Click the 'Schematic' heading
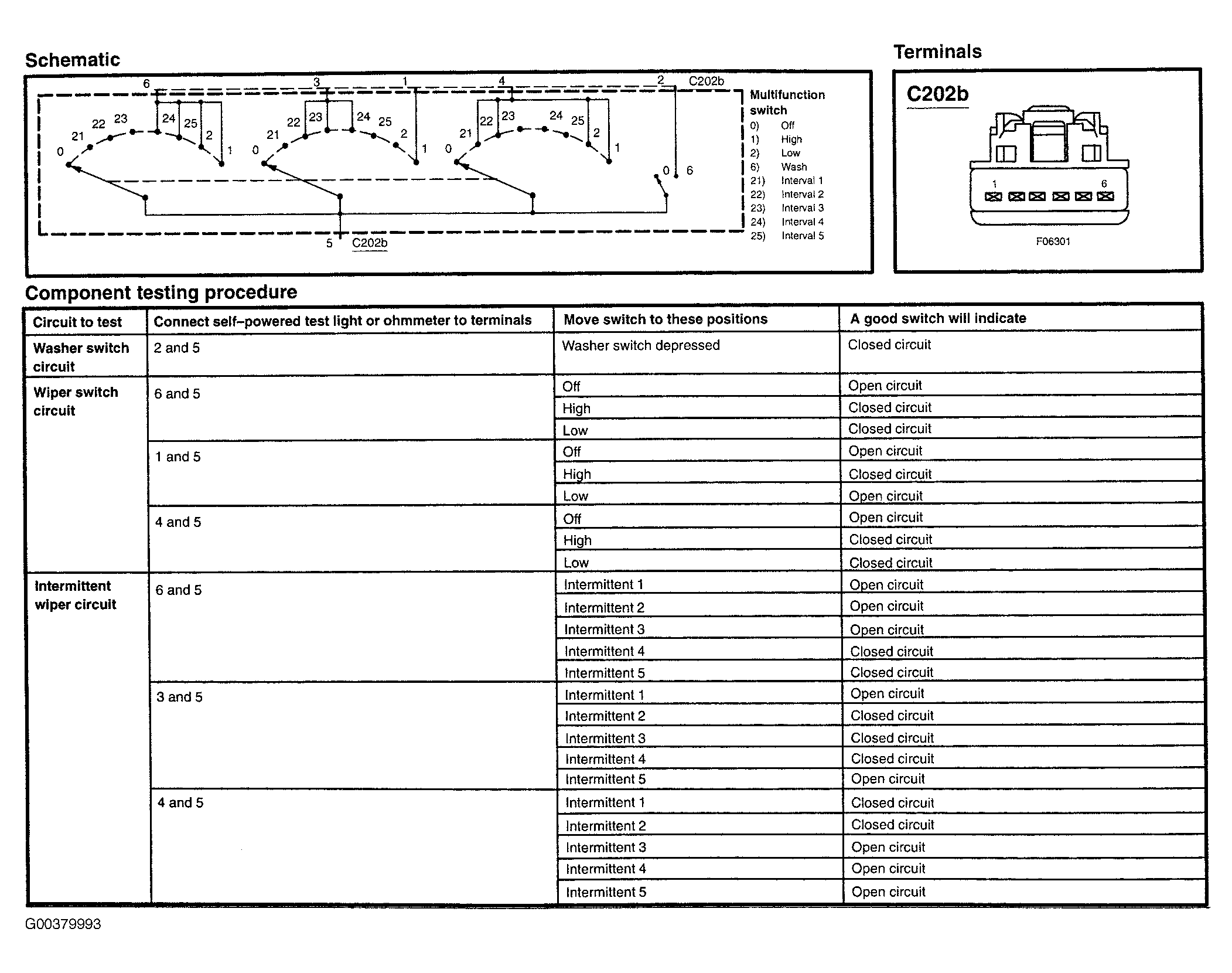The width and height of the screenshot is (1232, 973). click(72, 60)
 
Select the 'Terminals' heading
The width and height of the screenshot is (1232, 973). click(937, 52)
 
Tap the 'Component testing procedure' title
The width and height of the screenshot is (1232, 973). click(161, 292)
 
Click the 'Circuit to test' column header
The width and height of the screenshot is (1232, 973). click(77, 322)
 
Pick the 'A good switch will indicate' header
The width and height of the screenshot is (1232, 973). click(937, 318)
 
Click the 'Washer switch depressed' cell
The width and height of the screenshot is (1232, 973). click(640, 345)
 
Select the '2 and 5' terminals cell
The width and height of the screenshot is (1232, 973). click(176, 348)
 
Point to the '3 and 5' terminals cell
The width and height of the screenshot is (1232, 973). click(179, 697)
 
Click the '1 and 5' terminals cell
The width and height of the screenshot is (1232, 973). click(178, 457)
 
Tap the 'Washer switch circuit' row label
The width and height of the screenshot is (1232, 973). click(81, 357)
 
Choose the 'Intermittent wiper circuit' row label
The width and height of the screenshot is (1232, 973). click(75, 595)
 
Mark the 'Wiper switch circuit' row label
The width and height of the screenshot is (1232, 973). click(76, 402)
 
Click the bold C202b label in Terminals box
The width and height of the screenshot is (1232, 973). click(937, 94)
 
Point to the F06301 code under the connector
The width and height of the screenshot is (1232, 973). click(1053, 241)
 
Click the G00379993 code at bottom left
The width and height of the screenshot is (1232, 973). click(63, 924)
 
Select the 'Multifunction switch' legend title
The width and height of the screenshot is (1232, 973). click(787, 103)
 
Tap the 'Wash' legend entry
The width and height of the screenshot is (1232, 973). click(793, 167)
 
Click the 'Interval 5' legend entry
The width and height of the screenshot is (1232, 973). click(802, 236)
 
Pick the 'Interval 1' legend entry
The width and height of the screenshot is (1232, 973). click(801, 181)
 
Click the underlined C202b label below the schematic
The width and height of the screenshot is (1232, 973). click(369, 243)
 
